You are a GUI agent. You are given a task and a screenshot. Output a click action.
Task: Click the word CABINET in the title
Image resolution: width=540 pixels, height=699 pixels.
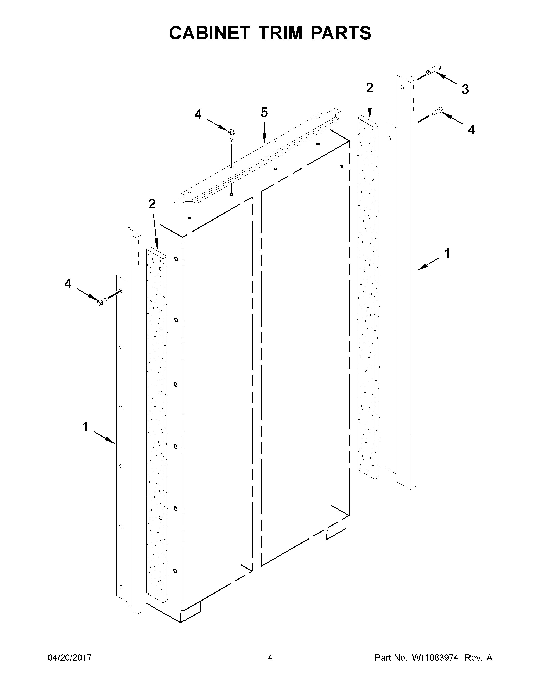tap(209, 33)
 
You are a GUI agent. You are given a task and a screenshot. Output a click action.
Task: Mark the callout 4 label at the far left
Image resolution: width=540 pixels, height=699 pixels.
tap(68, 284)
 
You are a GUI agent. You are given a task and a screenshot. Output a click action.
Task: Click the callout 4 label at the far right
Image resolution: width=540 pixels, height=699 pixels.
tap(471, 130)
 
